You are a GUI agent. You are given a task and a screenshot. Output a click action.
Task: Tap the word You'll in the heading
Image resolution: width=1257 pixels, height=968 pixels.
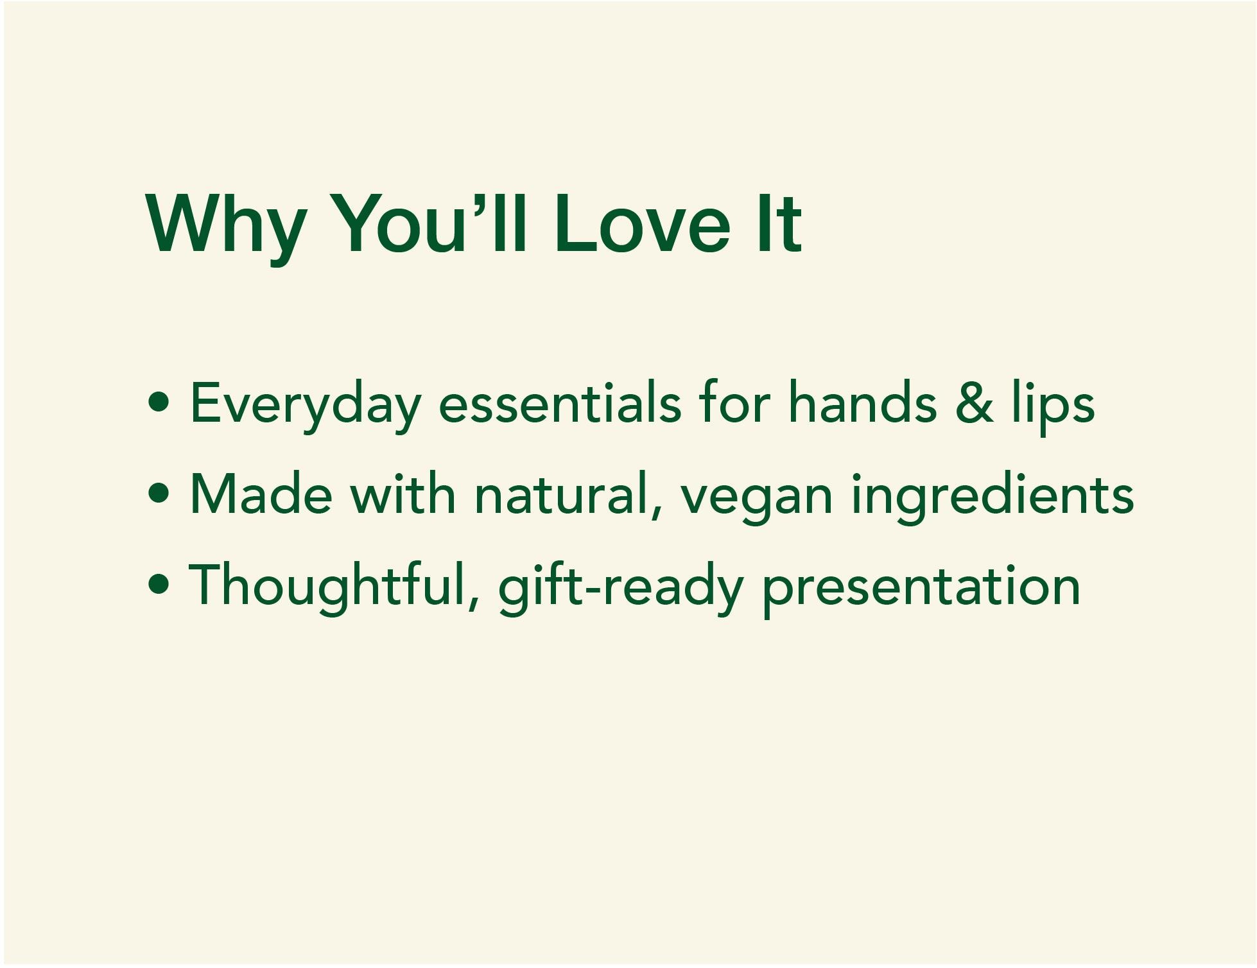(x=431, y=223)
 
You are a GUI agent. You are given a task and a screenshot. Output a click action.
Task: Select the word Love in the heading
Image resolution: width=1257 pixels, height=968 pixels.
(x=642, y=223)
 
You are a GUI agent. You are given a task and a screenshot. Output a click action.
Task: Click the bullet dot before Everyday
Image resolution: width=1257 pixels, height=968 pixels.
(x=159, y=403)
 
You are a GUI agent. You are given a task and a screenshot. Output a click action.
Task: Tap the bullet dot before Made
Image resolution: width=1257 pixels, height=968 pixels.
(x=159, y=494)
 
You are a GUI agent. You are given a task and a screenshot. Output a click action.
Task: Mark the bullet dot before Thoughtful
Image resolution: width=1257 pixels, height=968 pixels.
(x=159, y=585)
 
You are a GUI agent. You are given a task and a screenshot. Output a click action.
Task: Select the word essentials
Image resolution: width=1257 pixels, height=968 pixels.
(x=559, y=402)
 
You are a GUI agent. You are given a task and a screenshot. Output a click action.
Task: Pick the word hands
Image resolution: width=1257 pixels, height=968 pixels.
(x=862, y=402)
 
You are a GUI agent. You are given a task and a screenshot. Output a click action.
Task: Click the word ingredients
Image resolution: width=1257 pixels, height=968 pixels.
(x=993, y=498)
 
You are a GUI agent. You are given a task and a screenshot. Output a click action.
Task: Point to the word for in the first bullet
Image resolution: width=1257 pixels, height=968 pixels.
(x=734, y=402)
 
